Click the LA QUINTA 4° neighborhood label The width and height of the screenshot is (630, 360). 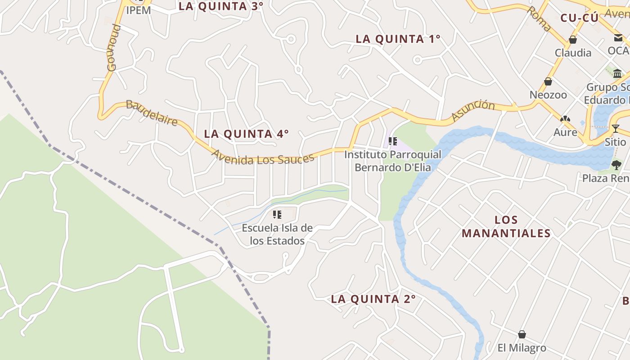click(x=246, y=134)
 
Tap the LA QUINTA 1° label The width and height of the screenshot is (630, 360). click(x=398, y=39)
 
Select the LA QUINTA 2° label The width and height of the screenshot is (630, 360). click(x=373, y=299)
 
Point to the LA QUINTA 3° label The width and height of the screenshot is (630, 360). click(x=220, y=6)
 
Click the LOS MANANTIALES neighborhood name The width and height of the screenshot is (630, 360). click(x=506, y=226)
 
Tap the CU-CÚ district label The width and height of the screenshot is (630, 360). click(x=580, y=18)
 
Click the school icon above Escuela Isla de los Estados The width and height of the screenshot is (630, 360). click(x=277, y=215)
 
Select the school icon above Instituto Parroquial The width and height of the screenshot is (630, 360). click(x=393, y=142)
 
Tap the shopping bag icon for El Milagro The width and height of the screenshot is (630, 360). click(x=522, y=334)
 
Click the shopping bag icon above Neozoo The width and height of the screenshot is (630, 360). click(x=548, y=81)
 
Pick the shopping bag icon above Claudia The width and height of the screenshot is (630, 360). click(x=573, y=40)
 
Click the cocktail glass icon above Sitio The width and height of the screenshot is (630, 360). click(x=615, y=129)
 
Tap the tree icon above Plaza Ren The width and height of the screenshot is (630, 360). click(x=616, y=165)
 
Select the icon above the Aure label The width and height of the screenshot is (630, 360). click(x=565, y=119)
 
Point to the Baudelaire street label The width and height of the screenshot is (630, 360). click(x=151, y=112)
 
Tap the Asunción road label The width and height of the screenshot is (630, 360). click(x=473, y=110)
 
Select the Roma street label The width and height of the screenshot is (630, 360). click(x=539, y=18)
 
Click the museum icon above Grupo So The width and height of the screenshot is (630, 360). click(x=617, y=74)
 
